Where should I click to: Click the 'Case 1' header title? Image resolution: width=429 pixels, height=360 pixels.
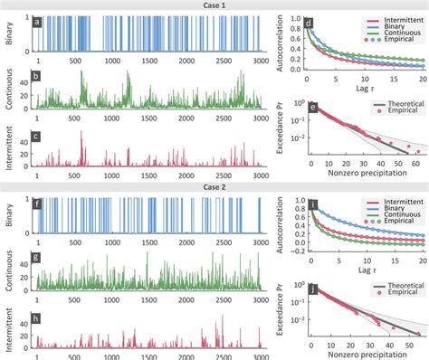coord(214,5)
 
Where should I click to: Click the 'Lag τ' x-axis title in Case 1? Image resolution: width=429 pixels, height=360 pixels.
coord(365,92)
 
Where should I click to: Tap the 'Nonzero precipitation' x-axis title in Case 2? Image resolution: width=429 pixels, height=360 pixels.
coord(365,355)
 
